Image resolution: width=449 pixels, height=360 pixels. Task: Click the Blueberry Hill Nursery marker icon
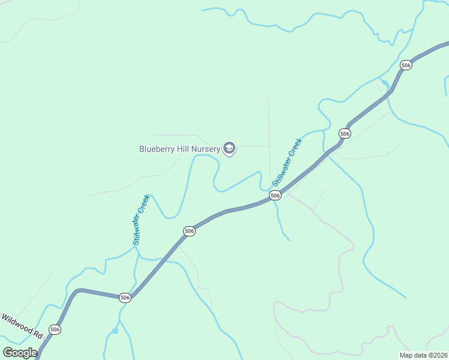(x=229, y=148)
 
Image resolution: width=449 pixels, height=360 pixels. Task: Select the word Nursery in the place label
(x=206, y=149)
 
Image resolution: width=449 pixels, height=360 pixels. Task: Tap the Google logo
(x=20, y=353)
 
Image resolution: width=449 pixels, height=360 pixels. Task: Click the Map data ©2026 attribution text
(x=423, y=355)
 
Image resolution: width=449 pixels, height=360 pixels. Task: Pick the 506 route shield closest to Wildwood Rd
(x=55, y=329)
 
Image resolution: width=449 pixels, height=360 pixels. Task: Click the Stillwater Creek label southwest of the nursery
(x=140, y=220)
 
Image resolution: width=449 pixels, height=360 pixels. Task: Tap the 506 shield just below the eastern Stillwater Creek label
(x=275, y=196)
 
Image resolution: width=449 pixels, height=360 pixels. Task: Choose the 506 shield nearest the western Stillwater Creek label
(x=189, y=231)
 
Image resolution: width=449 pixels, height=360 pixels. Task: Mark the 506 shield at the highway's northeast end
(x=406, y=65)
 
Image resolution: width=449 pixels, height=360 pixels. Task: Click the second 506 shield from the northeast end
(x=344, y=133)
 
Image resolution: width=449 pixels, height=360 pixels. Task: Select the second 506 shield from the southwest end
(x=125, y=298)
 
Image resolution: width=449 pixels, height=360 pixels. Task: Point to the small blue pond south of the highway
(x=115, y=331)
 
